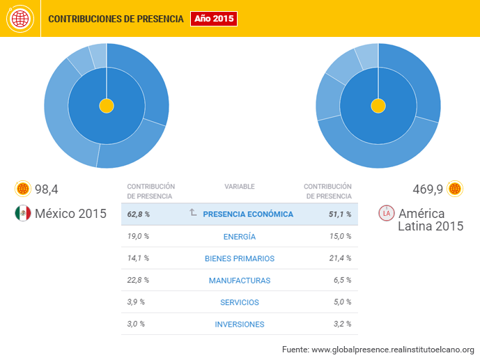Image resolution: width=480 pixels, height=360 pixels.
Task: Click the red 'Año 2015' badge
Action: click(x=214, y=19)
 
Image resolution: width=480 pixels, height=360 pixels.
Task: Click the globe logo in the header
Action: click(x=19, y=19)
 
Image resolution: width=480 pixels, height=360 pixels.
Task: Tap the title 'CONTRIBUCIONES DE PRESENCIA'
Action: click(x=116, y=19)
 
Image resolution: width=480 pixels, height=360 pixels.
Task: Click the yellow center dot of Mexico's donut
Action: click(x=107, y=106)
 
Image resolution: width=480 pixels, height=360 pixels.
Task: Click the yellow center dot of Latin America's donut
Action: click(x=378, y=106)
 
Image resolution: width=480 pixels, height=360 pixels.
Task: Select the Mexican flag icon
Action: click(x=22, y=213)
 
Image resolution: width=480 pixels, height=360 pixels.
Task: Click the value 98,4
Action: click(x=47, y=189)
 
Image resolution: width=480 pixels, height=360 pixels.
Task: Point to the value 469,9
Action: click(x=428, y=189)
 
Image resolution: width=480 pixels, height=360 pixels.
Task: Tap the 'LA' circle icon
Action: click(x=385, y=213)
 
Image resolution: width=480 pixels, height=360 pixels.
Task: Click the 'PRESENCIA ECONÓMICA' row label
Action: click(x=248, y=214)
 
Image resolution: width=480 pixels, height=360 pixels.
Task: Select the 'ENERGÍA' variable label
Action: click(x=240, y=237)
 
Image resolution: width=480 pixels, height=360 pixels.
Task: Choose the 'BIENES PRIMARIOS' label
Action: click(x=240, y=259)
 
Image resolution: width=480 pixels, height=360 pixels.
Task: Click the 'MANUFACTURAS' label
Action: click(x=240, y=281)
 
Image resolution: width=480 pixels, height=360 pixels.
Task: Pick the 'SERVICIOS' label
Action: click(x=240, y=302)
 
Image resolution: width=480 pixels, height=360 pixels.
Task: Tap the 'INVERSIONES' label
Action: click(x=240, y=324)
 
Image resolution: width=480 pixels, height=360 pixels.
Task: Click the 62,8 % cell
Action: click(x=139, y=214)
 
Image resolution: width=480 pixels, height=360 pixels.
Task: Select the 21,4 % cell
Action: click(x=340, y=259)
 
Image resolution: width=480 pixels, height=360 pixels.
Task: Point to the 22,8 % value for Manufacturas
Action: click(x=138, y=281)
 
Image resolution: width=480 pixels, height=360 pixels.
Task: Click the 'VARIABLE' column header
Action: click(x=240, y=187)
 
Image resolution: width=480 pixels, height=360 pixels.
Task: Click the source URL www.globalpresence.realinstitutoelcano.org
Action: click(x=392, y=349)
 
